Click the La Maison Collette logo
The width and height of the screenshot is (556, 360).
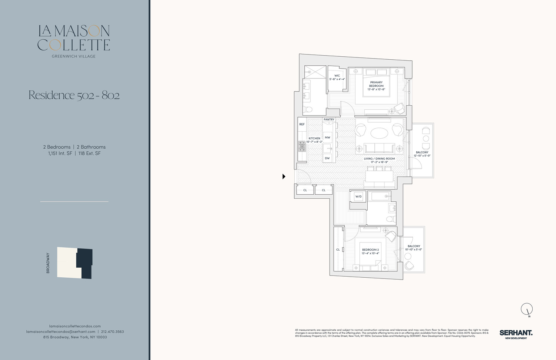click(x=74, y=38)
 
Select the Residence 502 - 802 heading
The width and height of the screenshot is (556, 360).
click(x=74, y=95)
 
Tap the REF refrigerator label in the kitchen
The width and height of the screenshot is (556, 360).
click(x=302, y=125)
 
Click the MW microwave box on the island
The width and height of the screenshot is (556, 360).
click(x=327, y=138)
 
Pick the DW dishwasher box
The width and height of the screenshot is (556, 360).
click(x=327, y=158)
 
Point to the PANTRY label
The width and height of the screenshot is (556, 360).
click(x=329, y=119)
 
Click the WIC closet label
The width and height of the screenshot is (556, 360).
click(x=337, y=76)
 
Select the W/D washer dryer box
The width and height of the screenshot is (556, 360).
click(x=358, y=196)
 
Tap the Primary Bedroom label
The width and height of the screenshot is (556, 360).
click(x=376, y=84)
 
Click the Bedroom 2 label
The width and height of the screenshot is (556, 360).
click(x=370, y=250)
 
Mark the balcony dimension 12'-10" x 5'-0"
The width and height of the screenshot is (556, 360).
click(x=422, y=156)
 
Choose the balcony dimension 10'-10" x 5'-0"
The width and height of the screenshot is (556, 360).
click(x=414, y=250)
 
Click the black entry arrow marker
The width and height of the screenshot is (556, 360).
click(x=284, y=176)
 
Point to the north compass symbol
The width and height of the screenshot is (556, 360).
click(x=527, y=309)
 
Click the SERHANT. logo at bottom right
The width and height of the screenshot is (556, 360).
click(x=516, y=333)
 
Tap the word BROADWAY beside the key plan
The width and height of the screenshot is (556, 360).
click(x=48, y=263)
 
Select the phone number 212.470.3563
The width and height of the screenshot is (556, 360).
click(x=112, y=331)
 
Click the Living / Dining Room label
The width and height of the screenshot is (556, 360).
click(x=379, y=159)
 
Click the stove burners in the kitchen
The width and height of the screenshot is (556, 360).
click(x=302, y=146)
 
